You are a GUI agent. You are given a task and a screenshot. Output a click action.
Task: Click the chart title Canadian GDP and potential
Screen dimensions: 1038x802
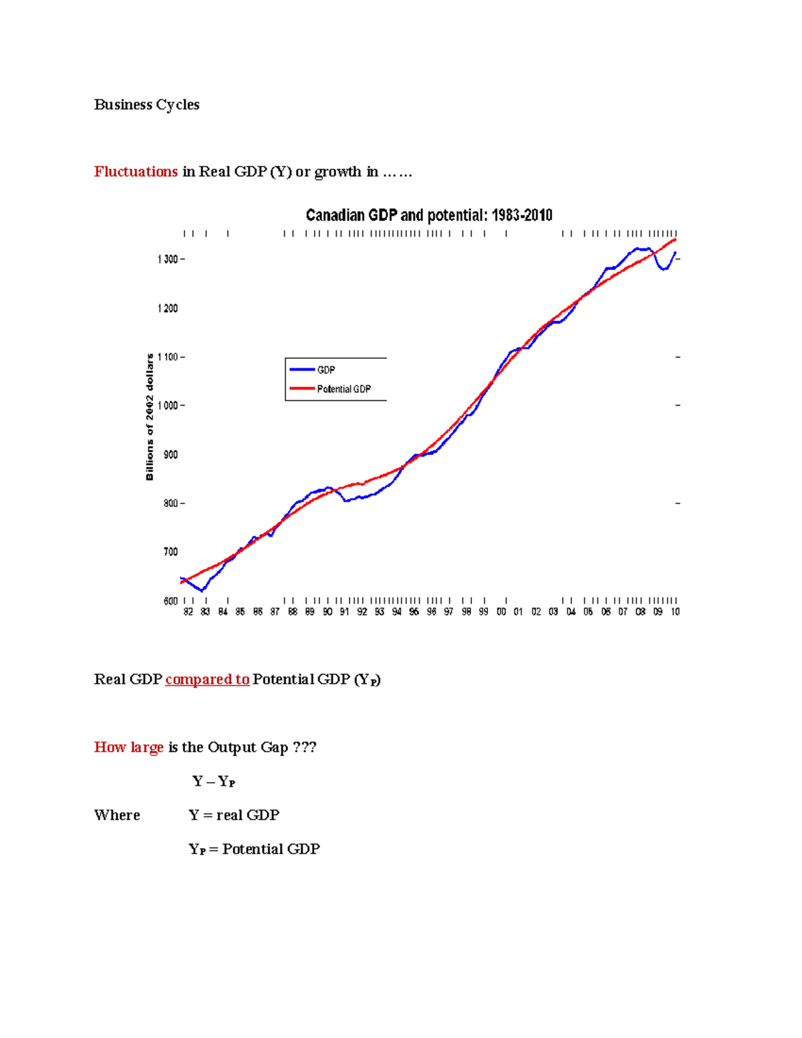click(x=428, y=215)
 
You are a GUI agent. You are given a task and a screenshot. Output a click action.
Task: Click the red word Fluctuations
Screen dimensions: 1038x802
click(x=136, y=172)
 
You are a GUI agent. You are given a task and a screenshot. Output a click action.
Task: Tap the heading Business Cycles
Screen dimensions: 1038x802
click(x=146, y=105)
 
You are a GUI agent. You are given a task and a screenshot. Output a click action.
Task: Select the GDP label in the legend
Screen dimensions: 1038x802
click(x=326, y=370)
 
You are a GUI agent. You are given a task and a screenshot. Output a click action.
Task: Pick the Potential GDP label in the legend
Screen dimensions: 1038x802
click(x=344, y=389)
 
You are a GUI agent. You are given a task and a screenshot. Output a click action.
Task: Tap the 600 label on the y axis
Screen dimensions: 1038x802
click(x=170, y=601)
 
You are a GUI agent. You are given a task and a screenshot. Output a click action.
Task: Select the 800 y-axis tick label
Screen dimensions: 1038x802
click(x=170, y=503)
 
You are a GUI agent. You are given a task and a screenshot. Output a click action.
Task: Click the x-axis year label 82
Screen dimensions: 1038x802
click(x=188, y=612)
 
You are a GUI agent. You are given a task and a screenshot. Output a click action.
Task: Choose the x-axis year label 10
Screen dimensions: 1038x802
click(x=675, y=612)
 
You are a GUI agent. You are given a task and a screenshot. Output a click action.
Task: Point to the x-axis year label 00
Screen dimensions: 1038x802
click(x=501, y=612)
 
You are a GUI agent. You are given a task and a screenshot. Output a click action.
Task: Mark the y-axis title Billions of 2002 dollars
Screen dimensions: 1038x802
click(x=150, y=417)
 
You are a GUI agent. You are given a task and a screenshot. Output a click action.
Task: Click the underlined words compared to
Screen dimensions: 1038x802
click(x=207, y=680)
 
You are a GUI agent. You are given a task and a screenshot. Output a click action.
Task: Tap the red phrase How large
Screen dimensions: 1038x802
click(x=128, y=747)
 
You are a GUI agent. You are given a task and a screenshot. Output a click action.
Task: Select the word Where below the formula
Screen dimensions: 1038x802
click(x=117, y=815)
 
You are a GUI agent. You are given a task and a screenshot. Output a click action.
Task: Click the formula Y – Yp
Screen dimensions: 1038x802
click(x=213, y=781)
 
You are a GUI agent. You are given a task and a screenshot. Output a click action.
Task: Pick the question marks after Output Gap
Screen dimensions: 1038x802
click(x=305, y=747)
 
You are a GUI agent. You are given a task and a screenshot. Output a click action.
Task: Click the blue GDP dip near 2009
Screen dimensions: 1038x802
click(x=663, y=269)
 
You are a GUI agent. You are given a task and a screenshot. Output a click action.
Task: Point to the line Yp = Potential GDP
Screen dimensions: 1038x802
click(x=254, y=850)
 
